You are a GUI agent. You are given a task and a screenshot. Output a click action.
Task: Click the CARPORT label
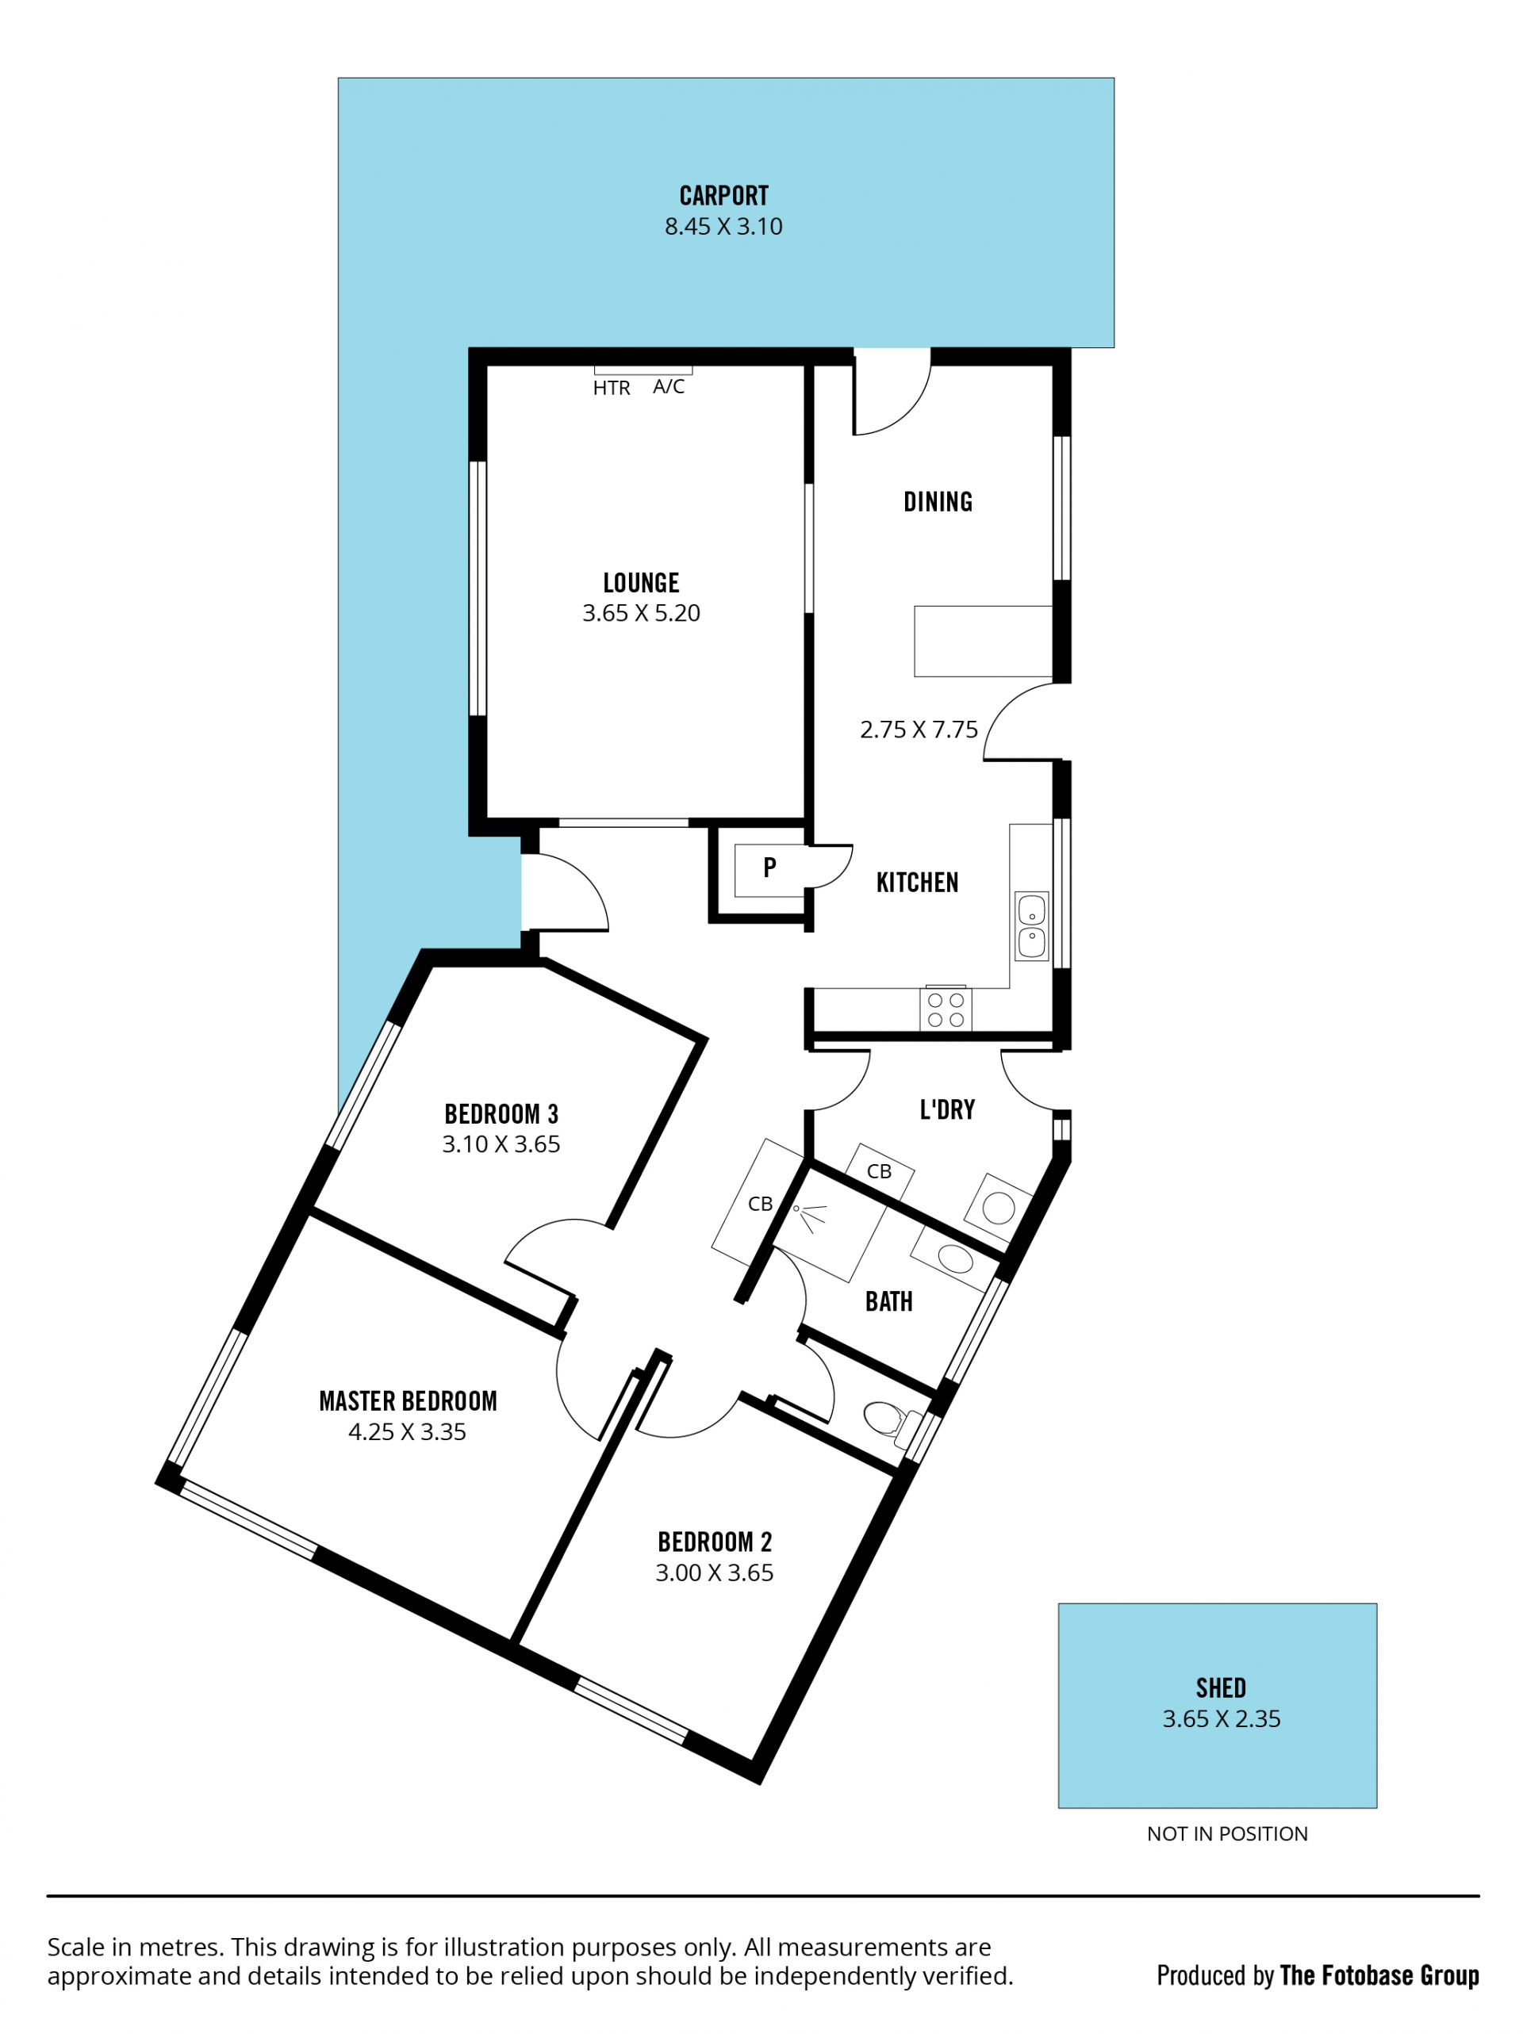[x=723, y=196]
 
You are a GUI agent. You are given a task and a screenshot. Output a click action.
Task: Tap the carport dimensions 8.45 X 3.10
[x=723, y=226]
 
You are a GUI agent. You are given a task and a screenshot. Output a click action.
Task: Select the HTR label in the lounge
[x=612, y=388]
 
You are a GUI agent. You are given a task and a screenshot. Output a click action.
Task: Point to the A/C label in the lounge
[x=669, y=387]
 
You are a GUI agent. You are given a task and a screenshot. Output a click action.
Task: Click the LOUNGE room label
[x=641, y=583]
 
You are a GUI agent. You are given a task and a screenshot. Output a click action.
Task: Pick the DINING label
[x=937, y=502]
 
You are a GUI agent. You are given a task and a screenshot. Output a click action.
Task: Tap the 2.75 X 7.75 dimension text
[x=919, y=730]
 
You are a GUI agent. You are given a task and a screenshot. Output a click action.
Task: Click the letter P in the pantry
[x=769, y=866]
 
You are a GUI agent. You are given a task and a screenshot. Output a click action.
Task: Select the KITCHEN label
[x=917, y=883]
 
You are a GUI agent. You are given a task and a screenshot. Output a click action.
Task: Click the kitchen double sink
[x=1031, y=925]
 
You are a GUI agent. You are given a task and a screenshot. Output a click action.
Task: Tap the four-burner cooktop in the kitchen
[x=946, y=1009]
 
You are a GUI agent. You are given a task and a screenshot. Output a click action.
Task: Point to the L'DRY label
[x=947, y=1110]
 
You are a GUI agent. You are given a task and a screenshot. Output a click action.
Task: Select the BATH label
[x=888, y=1302]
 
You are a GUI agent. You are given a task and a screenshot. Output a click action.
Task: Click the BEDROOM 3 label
[x=501, y=1114]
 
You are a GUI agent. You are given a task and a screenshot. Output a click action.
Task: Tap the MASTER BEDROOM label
[x=408, y=1401]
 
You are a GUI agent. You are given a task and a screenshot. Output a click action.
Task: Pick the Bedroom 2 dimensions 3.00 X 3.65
[x=714, y=1573]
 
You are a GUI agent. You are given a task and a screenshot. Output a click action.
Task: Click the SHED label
[x=1221, y=1688]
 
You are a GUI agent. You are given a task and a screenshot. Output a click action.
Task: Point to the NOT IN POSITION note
[x=1227, y=1833]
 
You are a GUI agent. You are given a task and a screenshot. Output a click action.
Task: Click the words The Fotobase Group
[x=1379, y=1975]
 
